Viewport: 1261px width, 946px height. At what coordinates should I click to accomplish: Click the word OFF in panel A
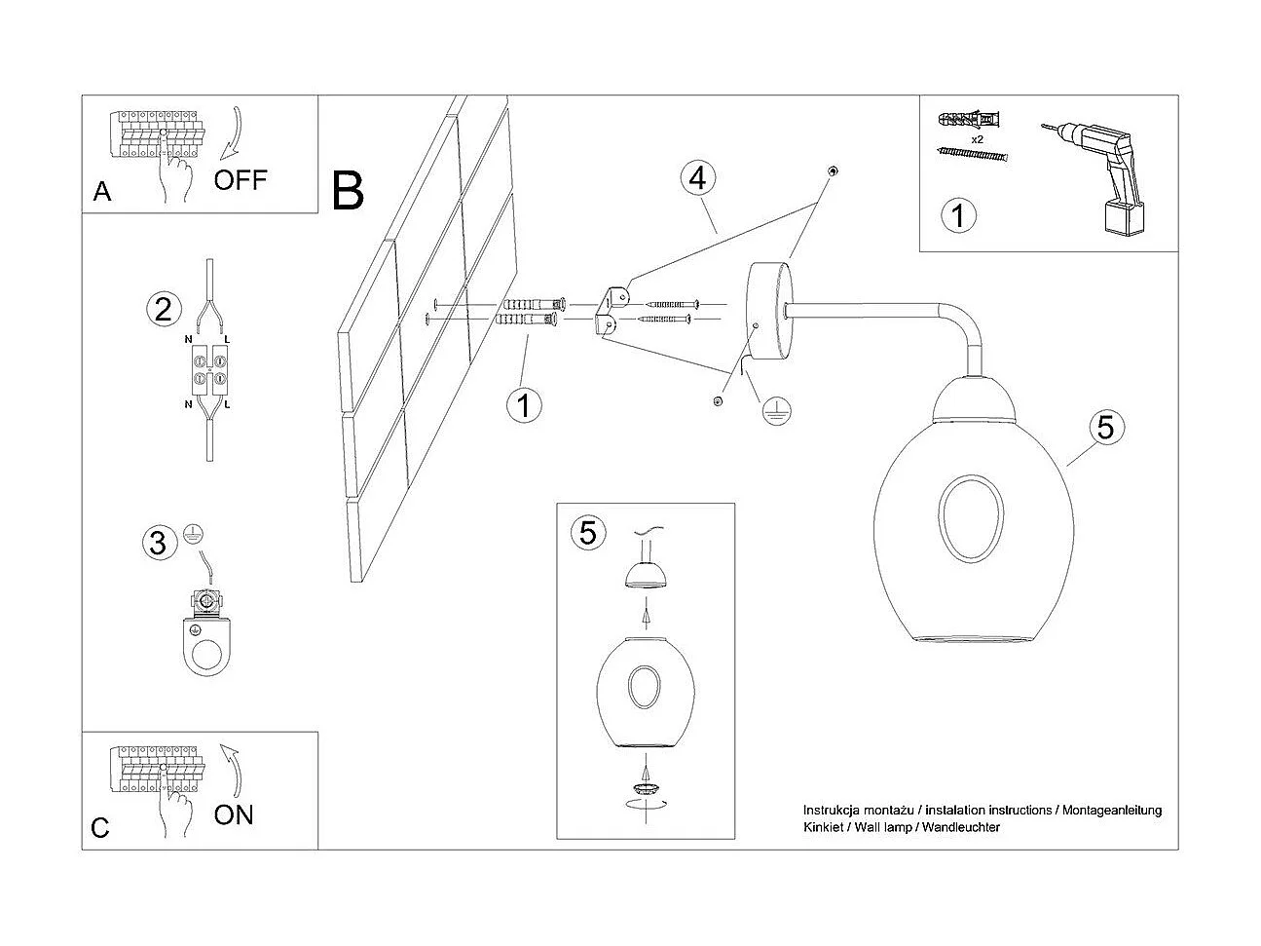[x=240, y=179]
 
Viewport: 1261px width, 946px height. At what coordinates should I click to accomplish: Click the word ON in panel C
[x=233, y=814]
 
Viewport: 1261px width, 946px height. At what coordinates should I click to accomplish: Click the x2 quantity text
[x=976, y=139]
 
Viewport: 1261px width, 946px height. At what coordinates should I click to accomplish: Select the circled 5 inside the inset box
[x=587, y=532]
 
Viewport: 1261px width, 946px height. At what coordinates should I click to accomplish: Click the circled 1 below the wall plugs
[x=525, y=403]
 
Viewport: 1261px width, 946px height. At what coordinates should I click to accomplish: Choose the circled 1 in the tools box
[x=958, y=214]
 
